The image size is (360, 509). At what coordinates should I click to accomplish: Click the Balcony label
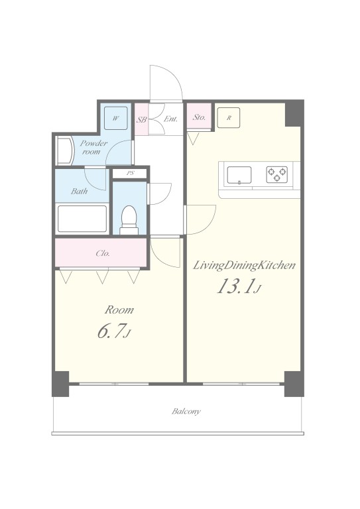(186, 412)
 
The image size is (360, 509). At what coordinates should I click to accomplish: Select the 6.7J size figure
(113, 332)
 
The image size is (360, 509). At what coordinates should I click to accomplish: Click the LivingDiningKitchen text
(243, 266)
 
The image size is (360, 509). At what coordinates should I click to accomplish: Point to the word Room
(119, 310)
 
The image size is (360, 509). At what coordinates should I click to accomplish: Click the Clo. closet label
(103, 253)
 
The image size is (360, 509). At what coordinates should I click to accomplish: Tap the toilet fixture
(129, 219)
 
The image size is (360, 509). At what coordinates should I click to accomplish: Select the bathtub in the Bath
(83, 218)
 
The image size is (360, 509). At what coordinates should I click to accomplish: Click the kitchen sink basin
(239, 175)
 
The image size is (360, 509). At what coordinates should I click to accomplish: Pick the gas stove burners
(278, 174)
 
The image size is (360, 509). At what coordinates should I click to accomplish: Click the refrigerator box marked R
(229, 117)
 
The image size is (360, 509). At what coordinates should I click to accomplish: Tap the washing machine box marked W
(115, 119)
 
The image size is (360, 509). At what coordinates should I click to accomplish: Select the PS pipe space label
(130, 174)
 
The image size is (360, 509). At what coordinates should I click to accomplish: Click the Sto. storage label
(199, 118)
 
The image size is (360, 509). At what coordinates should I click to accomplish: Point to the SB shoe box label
(141, 120)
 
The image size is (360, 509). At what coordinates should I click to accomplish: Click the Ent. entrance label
(170, 120)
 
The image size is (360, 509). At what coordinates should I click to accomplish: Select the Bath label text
(80, 192)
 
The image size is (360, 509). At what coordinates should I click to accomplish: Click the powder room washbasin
(64, 150)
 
